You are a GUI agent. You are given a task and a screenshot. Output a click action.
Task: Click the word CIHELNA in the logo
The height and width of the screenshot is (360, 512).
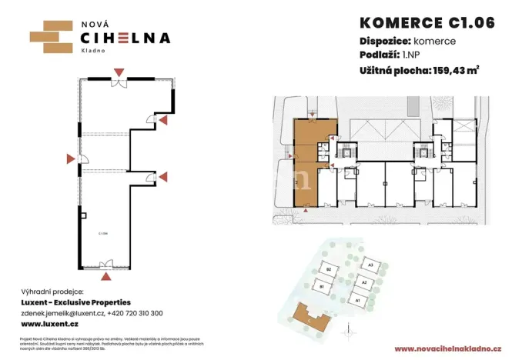point(125,38)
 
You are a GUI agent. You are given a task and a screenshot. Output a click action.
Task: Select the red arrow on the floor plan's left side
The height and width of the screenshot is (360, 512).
point(70,159)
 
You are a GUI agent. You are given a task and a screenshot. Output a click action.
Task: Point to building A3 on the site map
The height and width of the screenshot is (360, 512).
point(371,266)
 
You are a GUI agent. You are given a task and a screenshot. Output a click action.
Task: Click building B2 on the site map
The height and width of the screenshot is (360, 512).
point(328,270)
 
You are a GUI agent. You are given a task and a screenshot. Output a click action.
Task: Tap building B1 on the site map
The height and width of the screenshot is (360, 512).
point(322,287)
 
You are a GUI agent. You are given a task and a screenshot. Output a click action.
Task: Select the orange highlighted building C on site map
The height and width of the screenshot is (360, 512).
point(309,315)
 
